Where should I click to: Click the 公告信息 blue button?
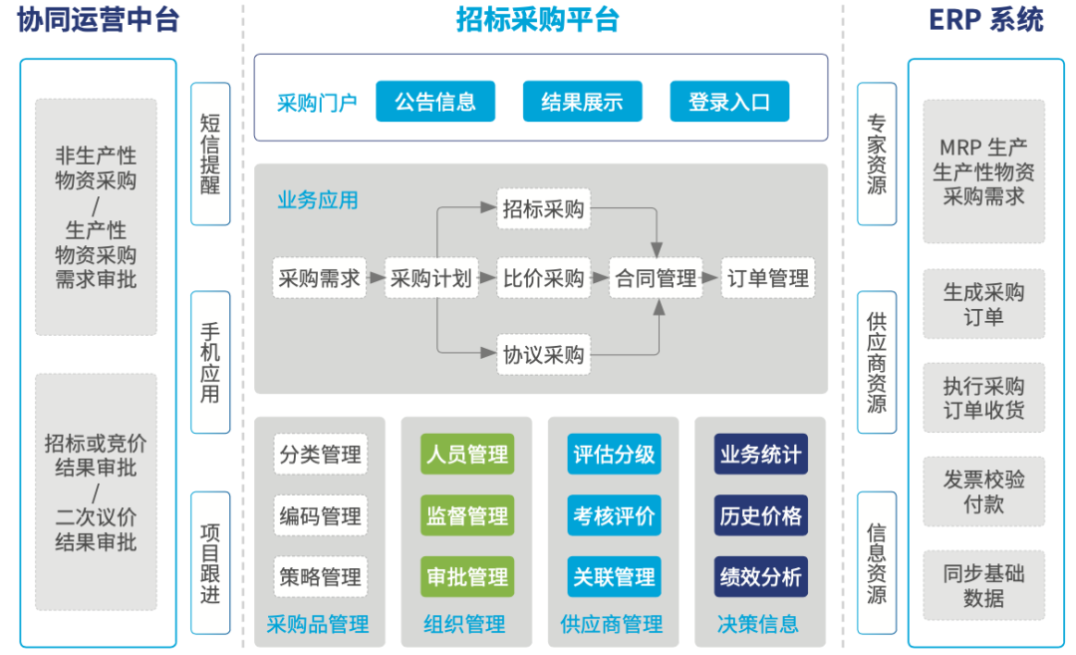(435, 102)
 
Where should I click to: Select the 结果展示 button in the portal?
(582, 102)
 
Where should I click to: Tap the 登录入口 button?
(729, 102)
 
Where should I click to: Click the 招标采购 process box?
(543, 209)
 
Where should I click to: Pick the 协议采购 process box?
(543, 354)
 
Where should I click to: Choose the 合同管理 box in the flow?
(656, 278)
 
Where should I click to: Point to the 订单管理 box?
(768, 278)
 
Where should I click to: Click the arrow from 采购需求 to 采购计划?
(375, 278)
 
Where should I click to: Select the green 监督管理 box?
(467, 516)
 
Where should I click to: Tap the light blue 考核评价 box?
(614, 516)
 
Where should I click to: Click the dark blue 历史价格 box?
(760, 516)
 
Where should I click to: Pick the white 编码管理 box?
(321, 516)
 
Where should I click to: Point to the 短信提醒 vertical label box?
(210, 154)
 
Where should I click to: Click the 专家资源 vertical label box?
(877, 154)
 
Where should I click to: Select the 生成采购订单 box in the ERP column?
(983, 305)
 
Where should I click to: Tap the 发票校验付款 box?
(983, 491)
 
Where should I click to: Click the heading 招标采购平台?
(538, 20)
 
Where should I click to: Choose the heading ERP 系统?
(985, 20)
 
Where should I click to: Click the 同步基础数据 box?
(983, 586)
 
